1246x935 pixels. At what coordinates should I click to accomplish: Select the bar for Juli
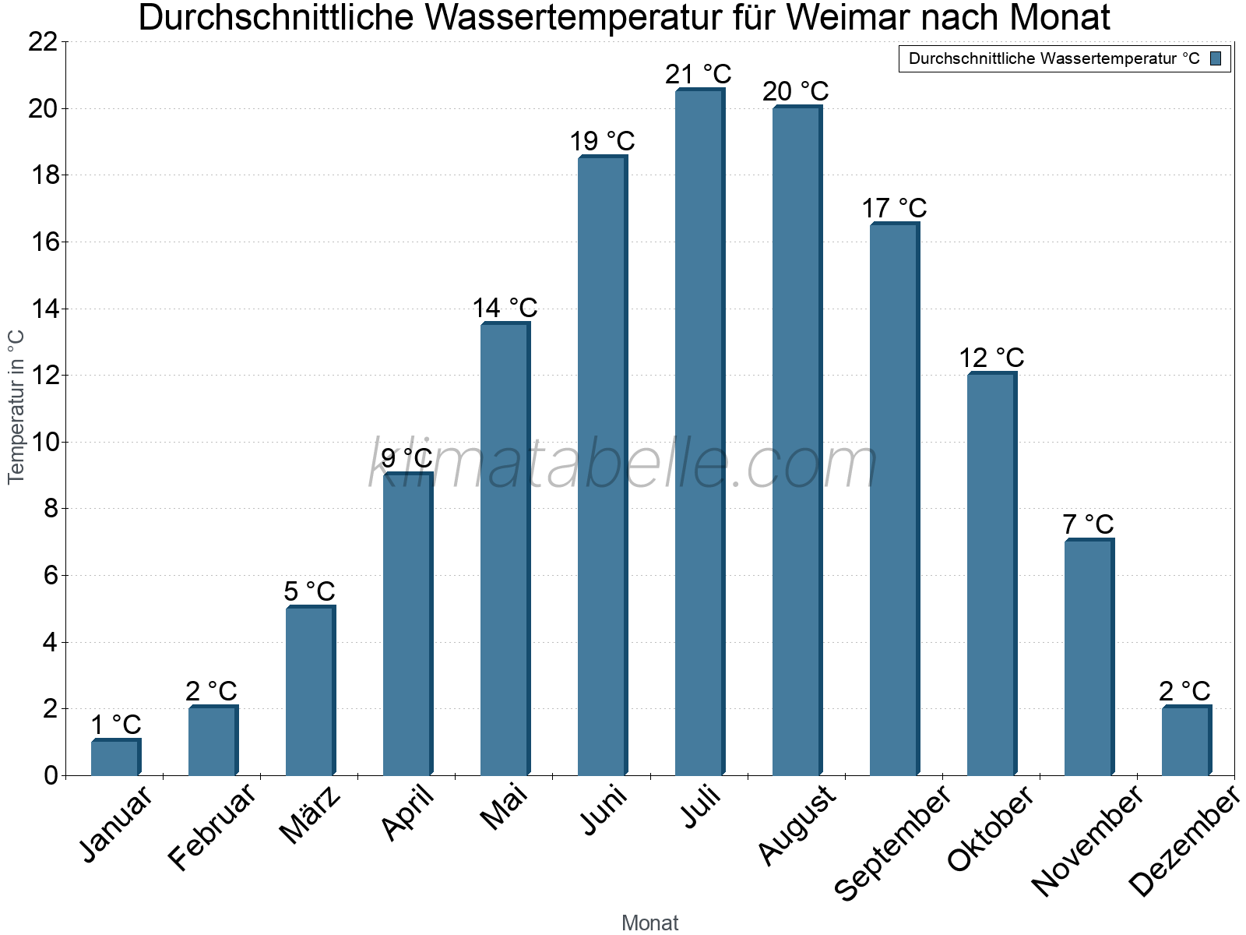click(x=699, y=432)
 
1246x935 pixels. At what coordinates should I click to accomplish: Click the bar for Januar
click(x=115, y=757)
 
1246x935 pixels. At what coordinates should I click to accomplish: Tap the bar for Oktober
click(x=991, y=574)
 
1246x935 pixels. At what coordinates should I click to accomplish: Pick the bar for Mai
click(x=505, y=549)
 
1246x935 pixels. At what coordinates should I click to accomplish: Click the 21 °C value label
click(x=699, y=75)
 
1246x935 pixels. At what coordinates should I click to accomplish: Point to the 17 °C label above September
click(x=894, y=209)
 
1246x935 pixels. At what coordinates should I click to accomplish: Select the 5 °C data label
click(x=309, y=591)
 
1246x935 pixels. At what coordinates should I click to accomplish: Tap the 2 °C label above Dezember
click(x=1184, y=691)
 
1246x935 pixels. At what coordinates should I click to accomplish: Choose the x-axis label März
click(x=311, y=815)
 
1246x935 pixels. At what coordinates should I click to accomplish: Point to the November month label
click(x=1088, y=840)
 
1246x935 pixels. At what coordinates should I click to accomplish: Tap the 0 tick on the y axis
click(x=51, y=775)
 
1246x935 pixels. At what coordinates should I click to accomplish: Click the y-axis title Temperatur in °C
click(x=16, y=407)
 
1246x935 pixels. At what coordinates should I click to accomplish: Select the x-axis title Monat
click(x=649, y=923)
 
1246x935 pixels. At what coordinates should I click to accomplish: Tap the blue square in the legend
click(x=1216, y=58)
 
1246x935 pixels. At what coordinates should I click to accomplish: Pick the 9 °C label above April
click(x=407, y=458)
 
